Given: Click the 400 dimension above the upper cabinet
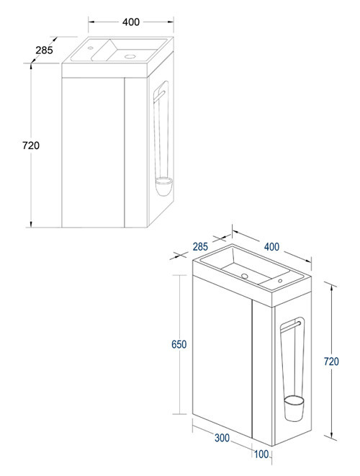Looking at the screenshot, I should [130, 22].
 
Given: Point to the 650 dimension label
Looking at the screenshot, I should [179, 344].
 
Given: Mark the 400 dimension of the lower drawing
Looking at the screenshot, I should [271, 247].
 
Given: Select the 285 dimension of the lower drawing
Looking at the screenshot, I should [201, 247].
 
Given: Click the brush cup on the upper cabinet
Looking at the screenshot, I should [163, 188].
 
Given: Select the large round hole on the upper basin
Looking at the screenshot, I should [130, 55].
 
